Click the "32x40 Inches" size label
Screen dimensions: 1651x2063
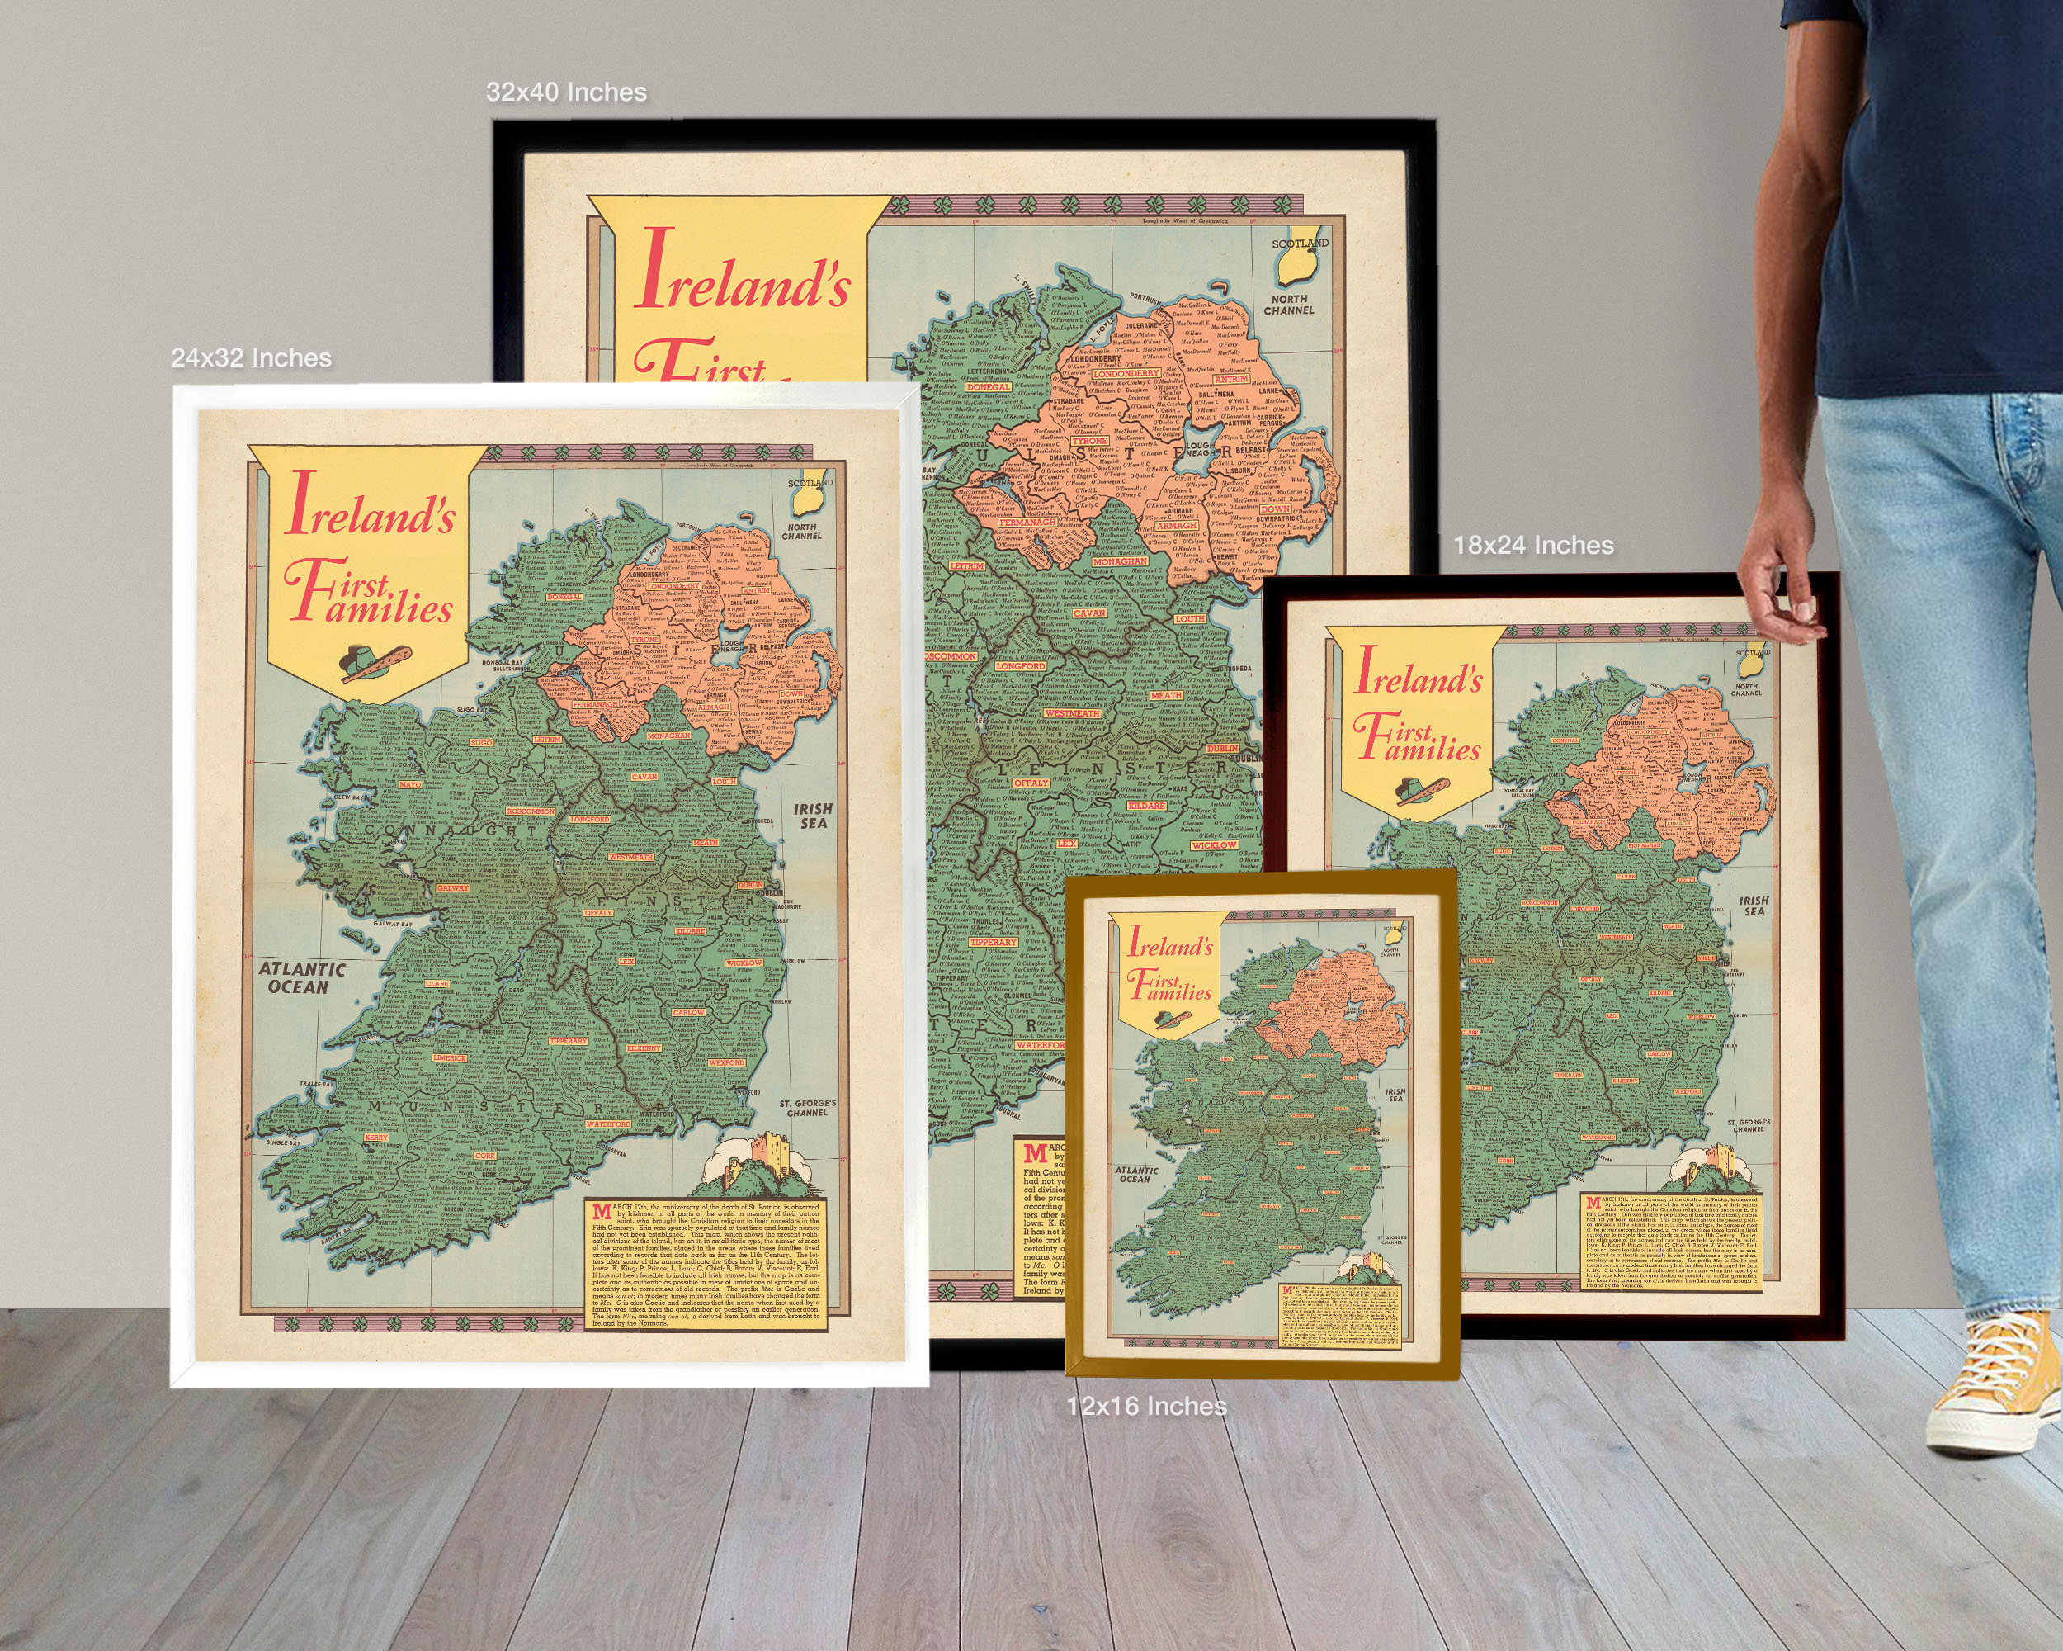(x=565, y=92)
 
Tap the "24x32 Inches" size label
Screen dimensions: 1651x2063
(x=251, y=358)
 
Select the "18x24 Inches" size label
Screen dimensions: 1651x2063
(x=1533, y=546)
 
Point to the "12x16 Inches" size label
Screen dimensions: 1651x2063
(x=1146, y=1406)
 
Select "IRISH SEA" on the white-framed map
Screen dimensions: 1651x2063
(x=812, y=816)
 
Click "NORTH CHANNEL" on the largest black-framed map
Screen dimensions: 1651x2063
(x=1289, y=305)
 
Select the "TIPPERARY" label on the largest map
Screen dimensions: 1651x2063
(x=992, y=943)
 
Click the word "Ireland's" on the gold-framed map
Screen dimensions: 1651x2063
(x=1170, y=944)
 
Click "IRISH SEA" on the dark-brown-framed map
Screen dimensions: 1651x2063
(x=1753, y=906)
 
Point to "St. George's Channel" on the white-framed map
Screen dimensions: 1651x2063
(x=807, y=1107)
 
